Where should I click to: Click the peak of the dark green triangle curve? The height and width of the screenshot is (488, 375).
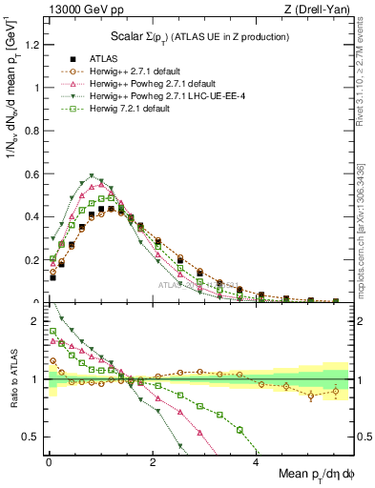coord(91,176)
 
